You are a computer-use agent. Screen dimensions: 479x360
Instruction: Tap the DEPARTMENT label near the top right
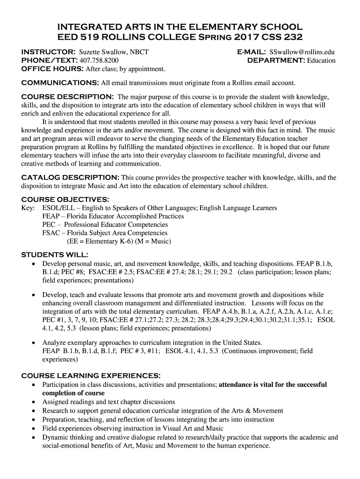(x=275, y=60)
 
